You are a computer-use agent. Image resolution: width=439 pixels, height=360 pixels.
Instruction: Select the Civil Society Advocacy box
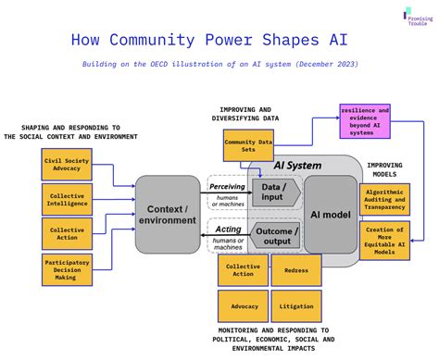pyautogui.click(x=66, y=166)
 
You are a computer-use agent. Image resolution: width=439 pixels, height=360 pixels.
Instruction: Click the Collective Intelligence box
pyautogui.click(x=66, y=200)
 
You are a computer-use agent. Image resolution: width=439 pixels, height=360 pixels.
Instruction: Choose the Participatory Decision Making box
pyautogui.click(x=66, y=269)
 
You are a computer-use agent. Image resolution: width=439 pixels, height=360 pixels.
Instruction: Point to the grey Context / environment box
pyautogui.click(x=167, y=215)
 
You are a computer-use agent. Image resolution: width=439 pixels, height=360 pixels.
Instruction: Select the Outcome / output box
pyautogui.click(x=276, y=236)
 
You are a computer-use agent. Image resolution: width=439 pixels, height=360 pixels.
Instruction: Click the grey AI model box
pyautogui.click(x=331, y=214)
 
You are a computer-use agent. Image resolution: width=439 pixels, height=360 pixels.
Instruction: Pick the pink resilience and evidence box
pyautogui.click(x=365, y=121)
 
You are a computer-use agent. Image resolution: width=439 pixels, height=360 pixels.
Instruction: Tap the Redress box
pyautogui.click(x=296, y=269)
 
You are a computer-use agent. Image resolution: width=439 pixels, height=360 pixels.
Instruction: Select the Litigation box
pyautogui.click(x=296, y=304)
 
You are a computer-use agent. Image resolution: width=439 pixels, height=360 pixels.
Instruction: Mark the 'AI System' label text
pyautogui.click(x=297, y=166)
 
